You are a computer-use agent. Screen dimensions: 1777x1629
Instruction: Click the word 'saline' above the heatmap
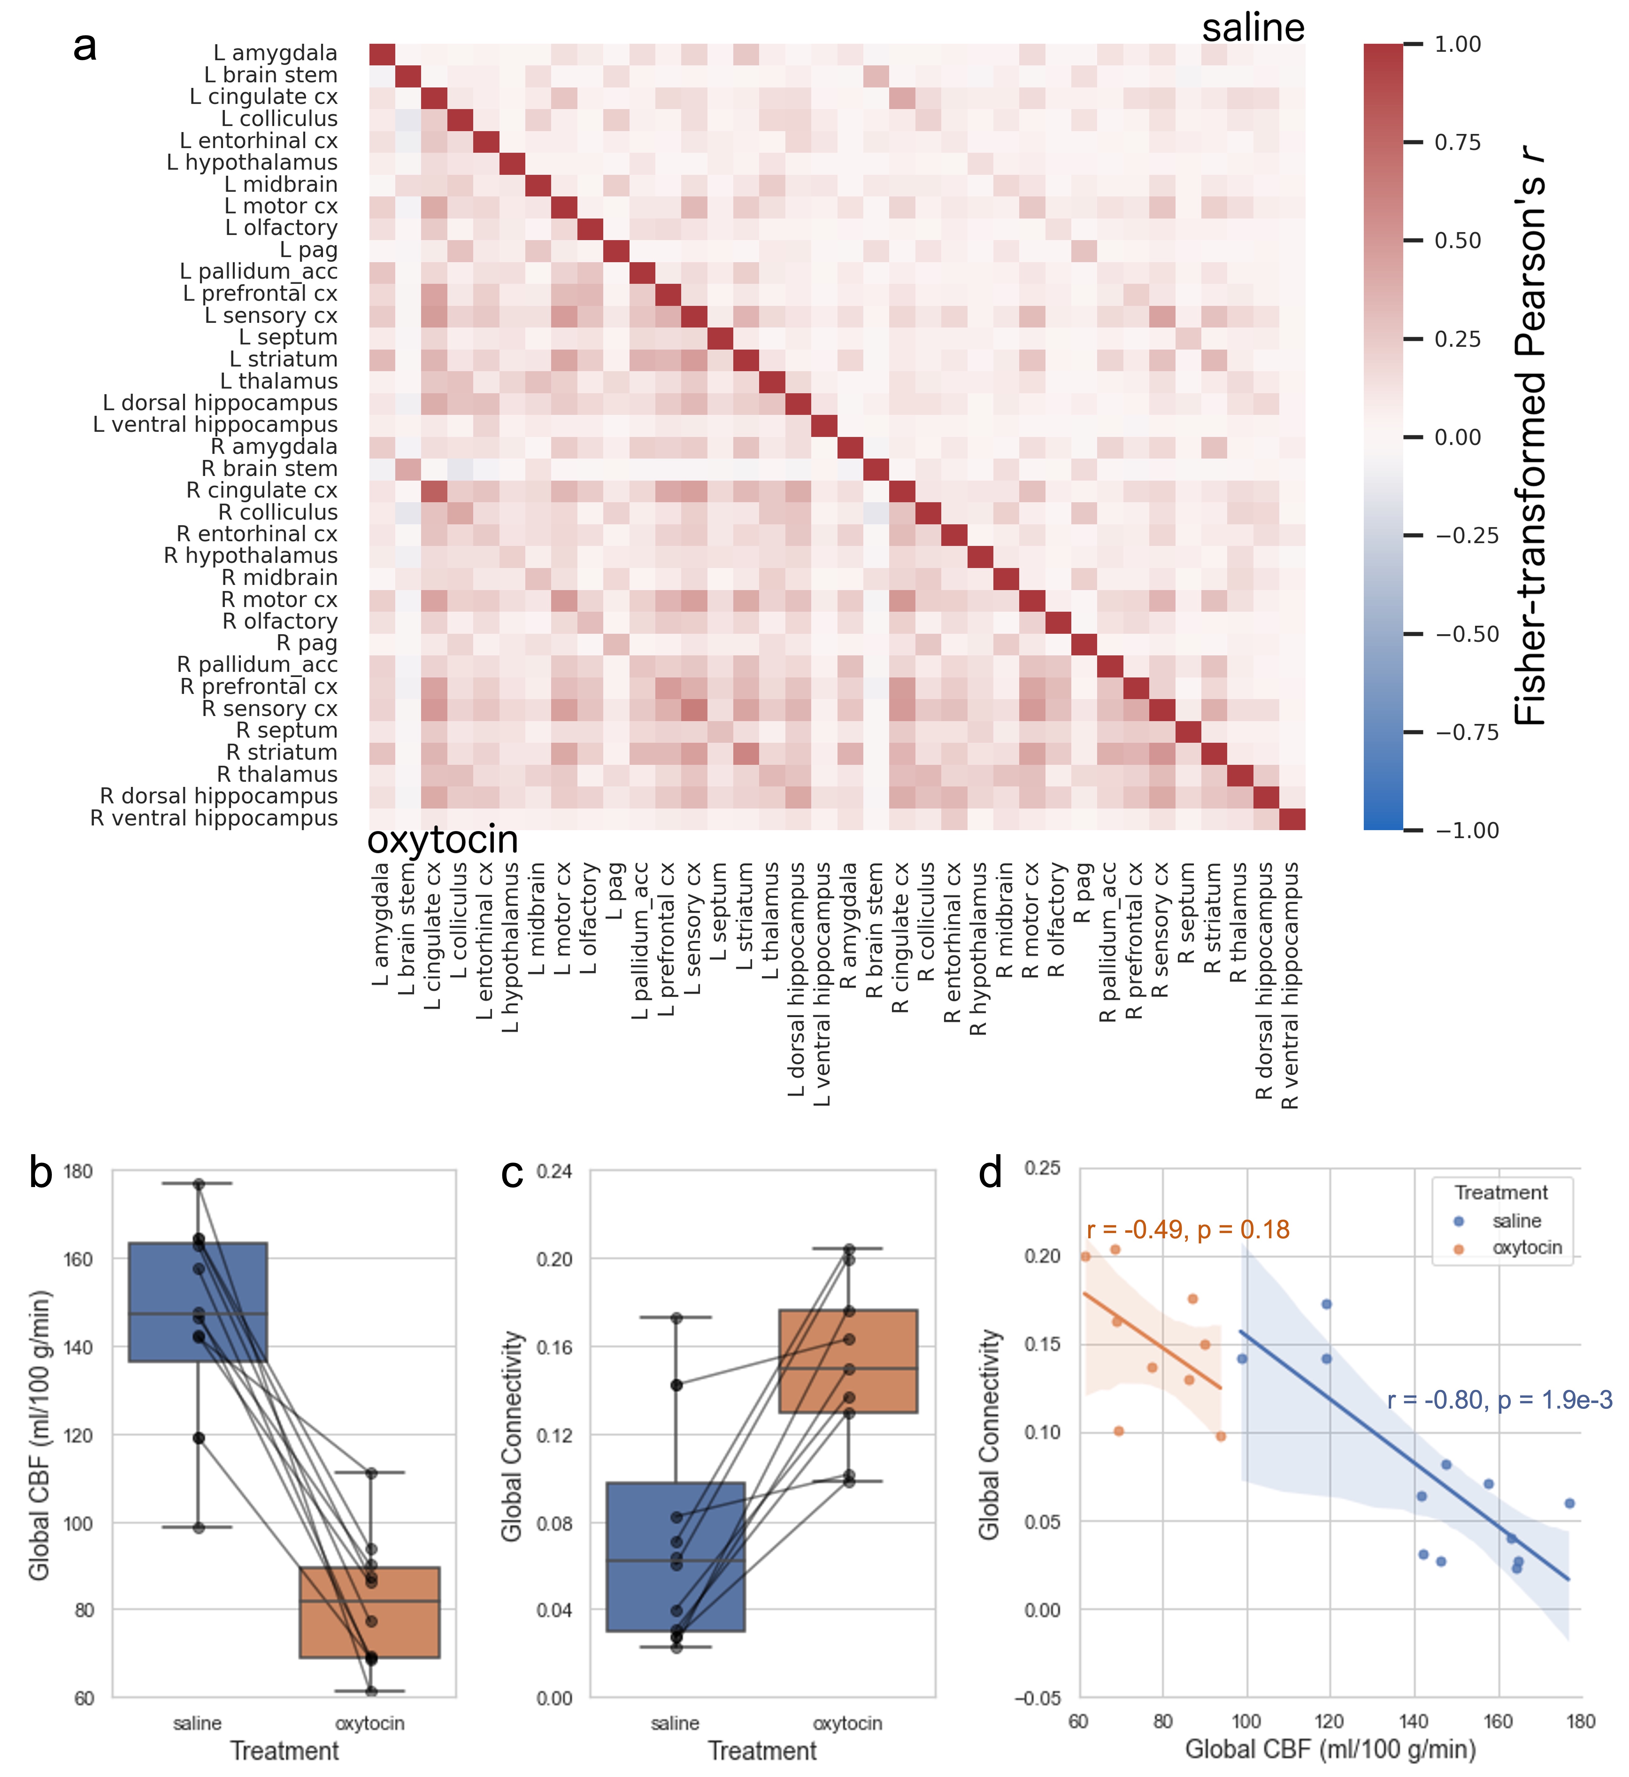pos(1253,28)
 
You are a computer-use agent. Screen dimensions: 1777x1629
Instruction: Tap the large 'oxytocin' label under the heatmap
pos(442,839)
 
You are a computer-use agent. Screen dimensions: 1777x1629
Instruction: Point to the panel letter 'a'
pos(85,46)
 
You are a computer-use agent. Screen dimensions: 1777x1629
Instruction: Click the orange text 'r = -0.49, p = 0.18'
pos(1188,1229)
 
